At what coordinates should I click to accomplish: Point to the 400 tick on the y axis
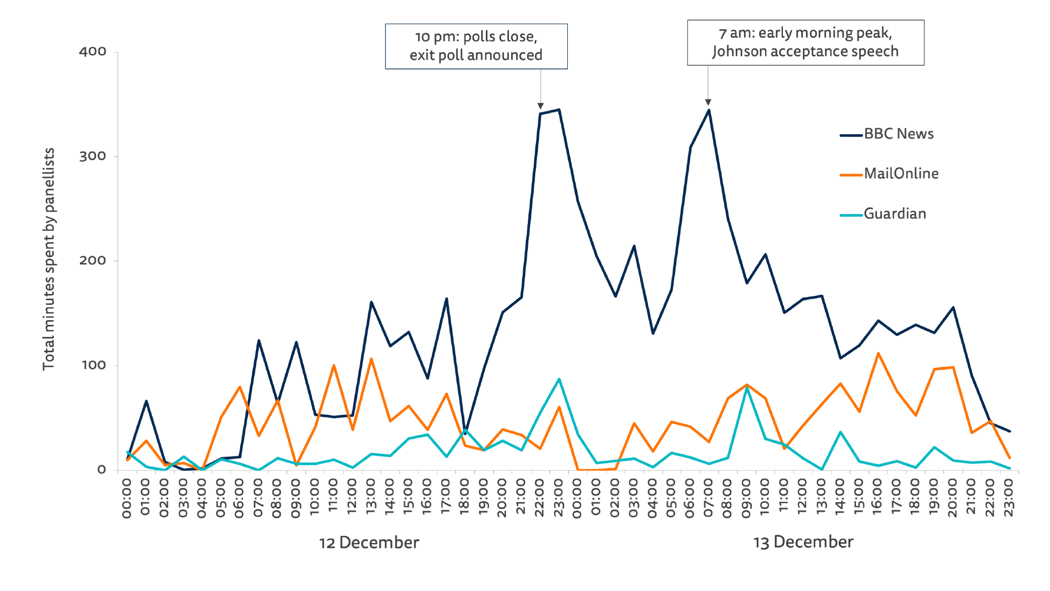(x=93, y=52)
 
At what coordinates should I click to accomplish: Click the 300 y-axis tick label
(x=93, y=156)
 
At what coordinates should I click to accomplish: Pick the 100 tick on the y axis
(x=93, y=365)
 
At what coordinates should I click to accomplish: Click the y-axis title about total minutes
(x=49, y=259)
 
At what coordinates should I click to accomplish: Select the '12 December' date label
(x=369, y=543)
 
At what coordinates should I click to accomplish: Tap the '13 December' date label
(x=803, y=542)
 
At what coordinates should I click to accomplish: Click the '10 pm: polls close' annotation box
(x=476, y=46)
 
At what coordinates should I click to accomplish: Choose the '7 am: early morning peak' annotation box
(x=805, y=43)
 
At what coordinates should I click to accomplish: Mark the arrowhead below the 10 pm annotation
(x=541, y=106)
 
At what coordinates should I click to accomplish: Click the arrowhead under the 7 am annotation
(x=708, y=102)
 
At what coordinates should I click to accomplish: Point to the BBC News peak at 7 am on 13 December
(x=709, y=110)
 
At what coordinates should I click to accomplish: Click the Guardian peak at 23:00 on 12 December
(x=559, y=379)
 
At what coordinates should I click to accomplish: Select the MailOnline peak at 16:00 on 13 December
(x=878, y=353)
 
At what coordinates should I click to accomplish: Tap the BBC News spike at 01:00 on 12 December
(x=146, y=401)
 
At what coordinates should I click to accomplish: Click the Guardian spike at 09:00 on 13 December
(x=747, y=388)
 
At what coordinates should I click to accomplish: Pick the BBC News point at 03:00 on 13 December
(x=634, y=246)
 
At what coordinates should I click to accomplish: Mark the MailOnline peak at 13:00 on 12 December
(x=371, y=359)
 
